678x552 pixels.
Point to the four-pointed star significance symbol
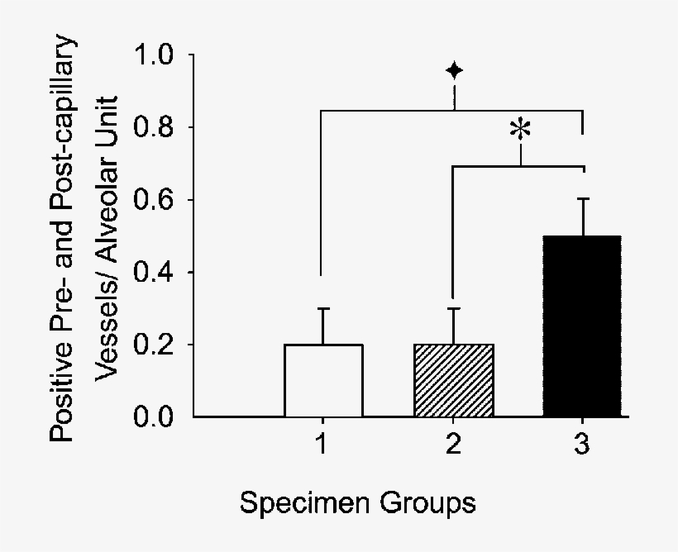454,71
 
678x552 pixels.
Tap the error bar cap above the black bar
582,198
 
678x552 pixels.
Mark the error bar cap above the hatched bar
453,308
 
